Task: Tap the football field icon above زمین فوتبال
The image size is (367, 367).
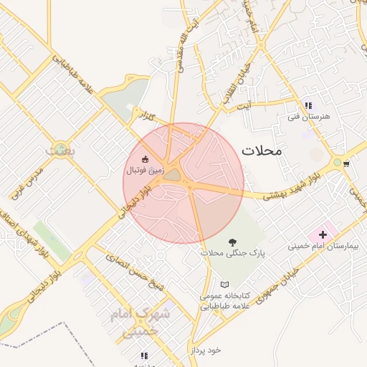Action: click(x=146, y=159)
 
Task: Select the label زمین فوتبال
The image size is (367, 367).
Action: click(x=145, y=171)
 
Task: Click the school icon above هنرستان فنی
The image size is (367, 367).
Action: click(x=308, y=105)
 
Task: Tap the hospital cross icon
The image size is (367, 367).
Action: click(x=323, y=234)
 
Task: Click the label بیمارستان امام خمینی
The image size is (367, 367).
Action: click(x=327, y=246)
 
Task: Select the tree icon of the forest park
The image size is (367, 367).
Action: click(x=232, y=242)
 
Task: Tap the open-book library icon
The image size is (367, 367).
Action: click(x=225, y=285)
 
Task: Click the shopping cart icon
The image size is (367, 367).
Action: click(x=347, y=164)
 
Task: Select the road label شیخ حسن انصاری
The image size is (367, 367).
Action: click(x=134, y=272)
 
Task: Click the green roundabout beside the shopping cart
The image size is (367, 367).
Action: click(x=336, y=163)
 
